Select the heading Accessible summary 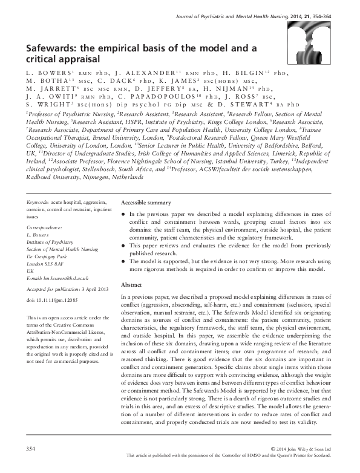[x=146, y=203]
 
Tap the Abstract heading [x=131, y=284]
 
